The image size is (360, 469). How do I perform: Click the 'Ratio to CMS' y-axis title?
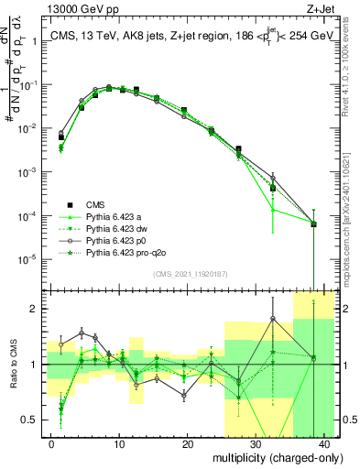(13, 367)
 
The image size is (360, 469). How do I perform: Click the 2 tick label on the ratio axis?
(35, 309)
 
